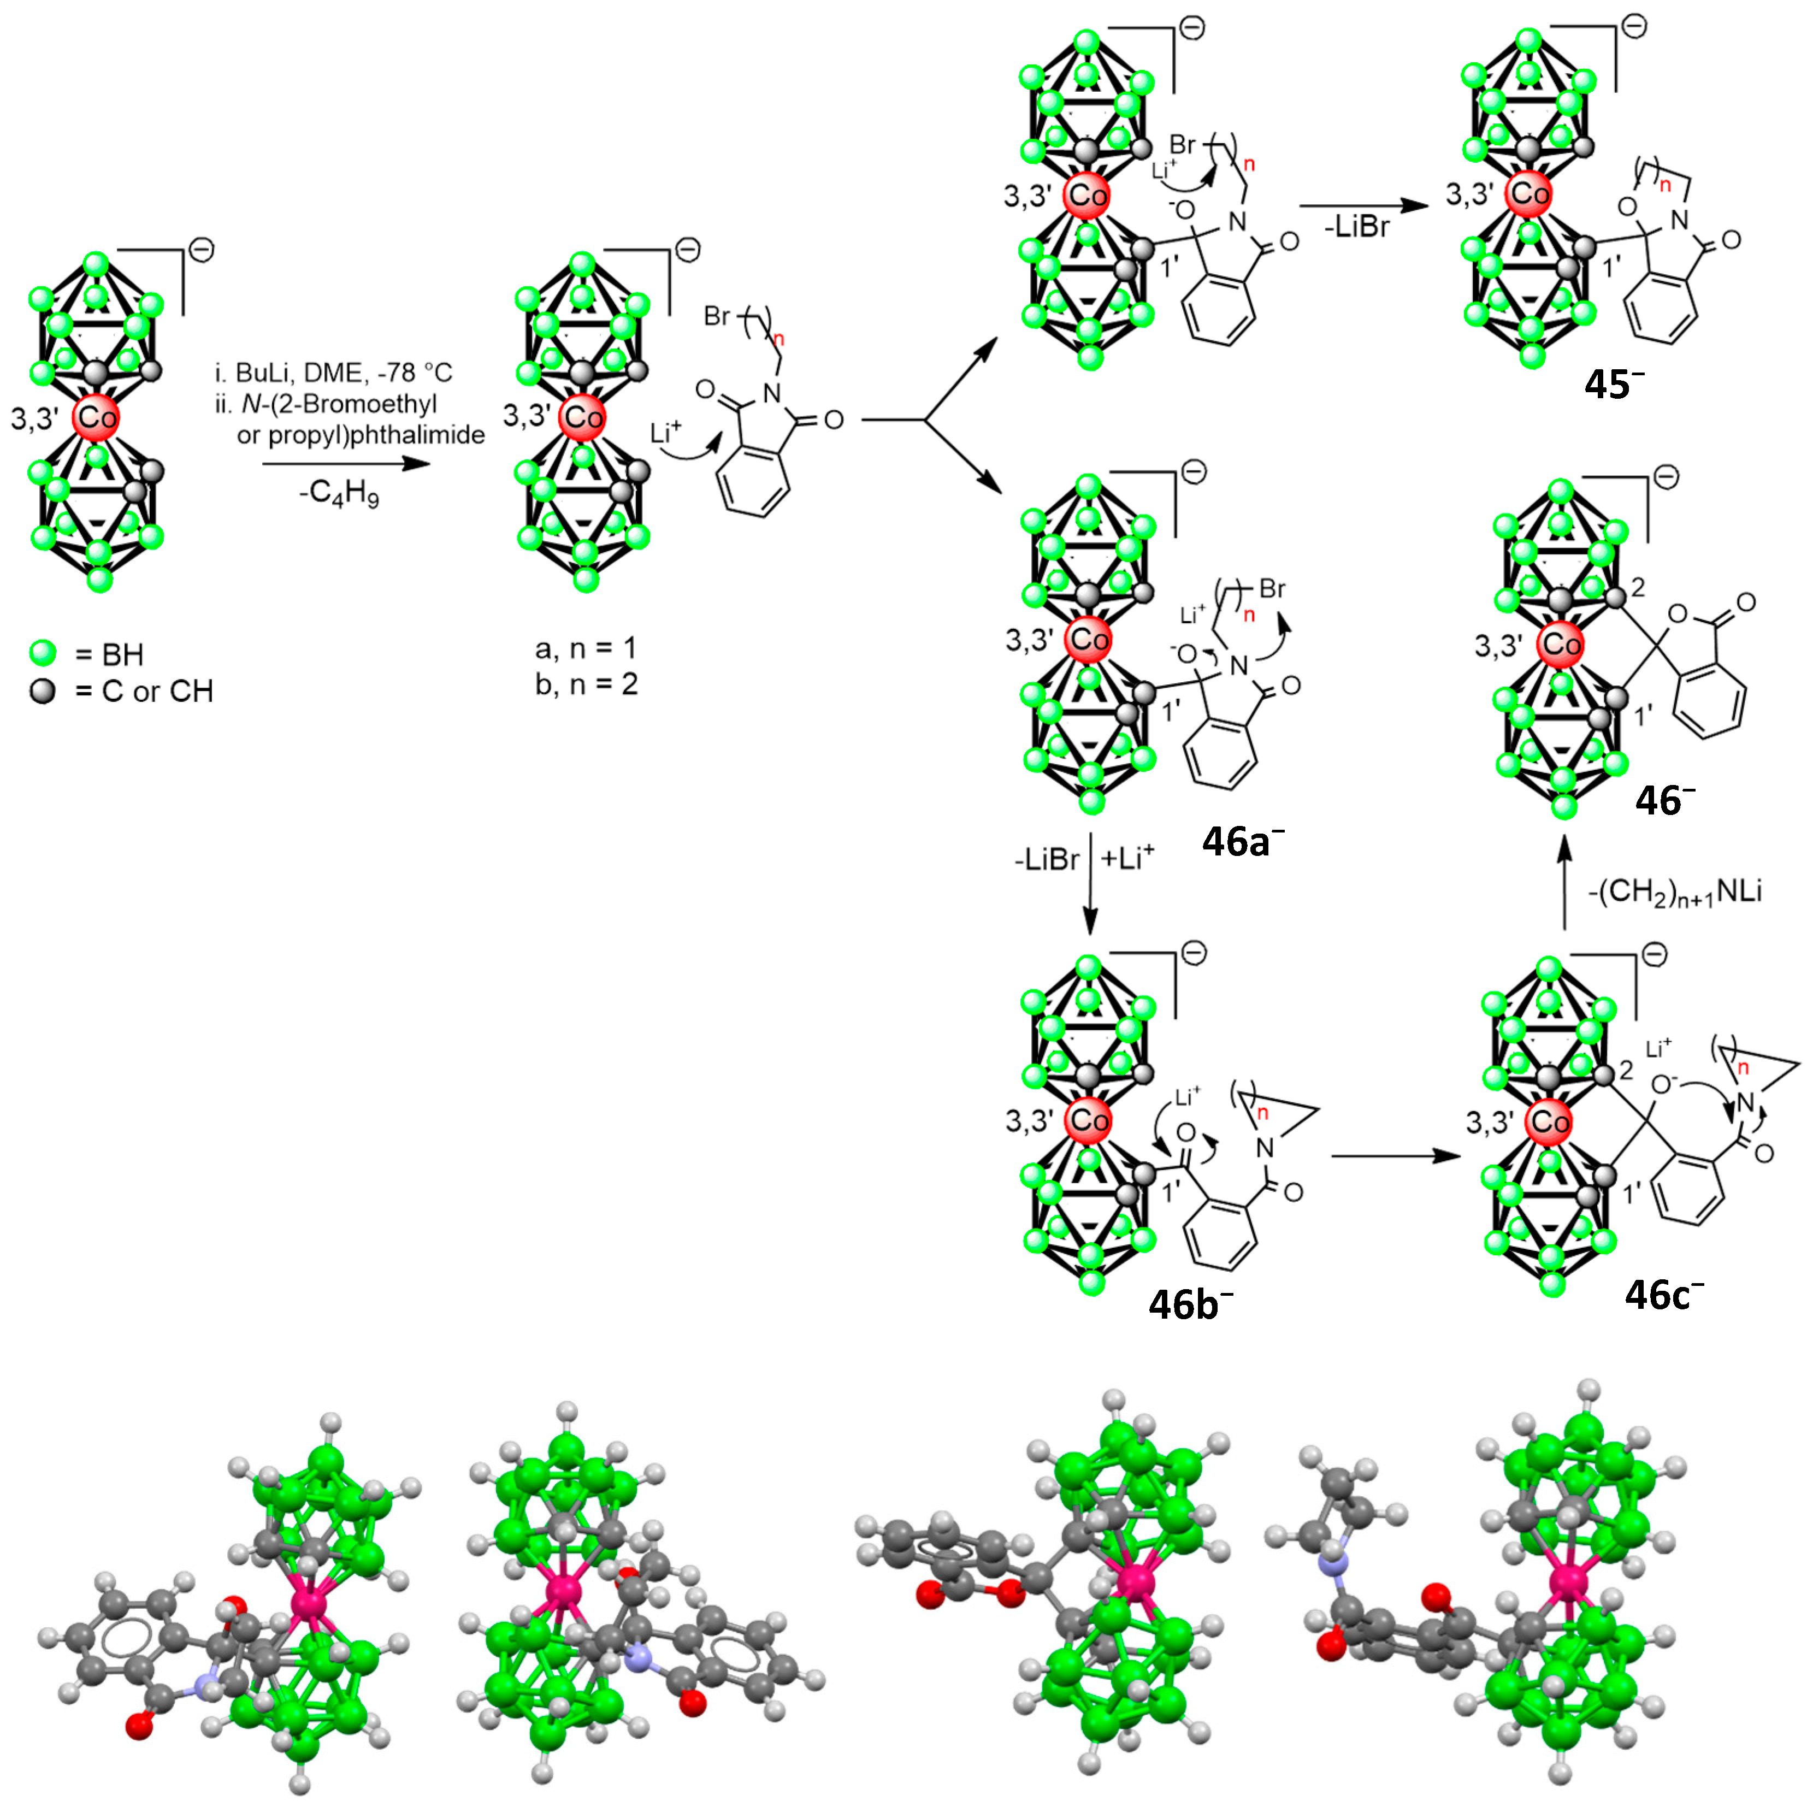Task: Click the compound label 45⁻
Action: point(1614,383)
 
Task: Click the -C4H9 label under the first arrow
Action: point(339,493)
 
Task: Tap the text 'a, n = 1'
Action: point(586,647)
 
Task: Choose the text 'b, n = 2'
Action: point(586,684)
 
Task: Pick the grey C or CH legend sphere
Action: point(43,691)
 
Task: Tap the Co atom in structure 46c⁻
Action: point(1549,1121)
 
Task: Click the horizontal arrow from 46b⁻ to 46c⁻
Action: point(1396,1157)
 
